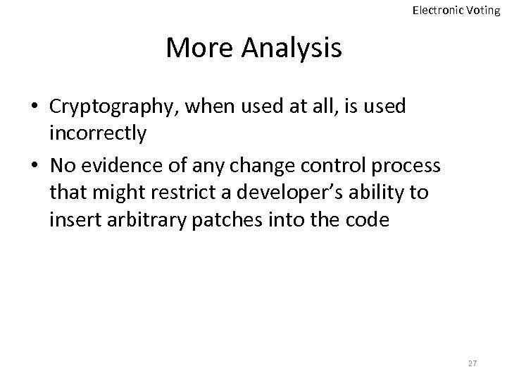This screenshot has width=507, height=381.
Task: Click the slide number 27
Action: tap(472, 362)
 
